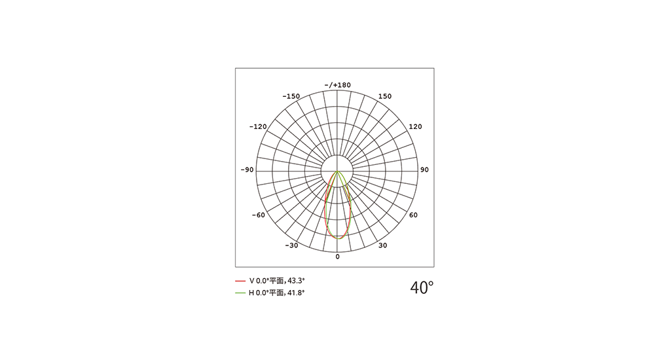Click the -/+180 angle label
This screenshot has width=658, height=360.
click(x=337, y=85)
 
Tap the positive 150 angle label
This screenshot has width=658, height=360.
click(x=385, y=96)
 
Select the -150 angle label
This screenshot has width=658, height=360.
click(x=291, y=96)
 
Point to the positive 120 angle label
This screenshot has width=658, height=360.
click(x=416, y=126)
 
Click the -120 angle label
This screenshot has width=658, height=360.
click(x=258, y=126)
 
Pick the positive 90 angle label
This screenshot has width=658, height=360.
click(x=425, y=170)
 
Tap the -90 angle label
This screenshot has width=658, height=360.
click(x=247, y=170)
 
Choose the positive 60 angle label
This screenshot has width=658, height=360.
click(x=413, y=215)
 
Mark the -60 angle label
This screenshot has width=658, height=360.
click(x=259, y=215)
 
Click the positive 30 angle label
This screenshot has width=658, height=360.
click(x=383, y=245)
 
